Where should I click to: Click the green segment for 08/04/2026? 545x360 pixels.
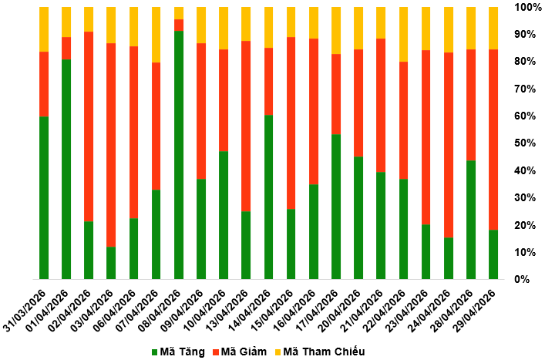point(179,154)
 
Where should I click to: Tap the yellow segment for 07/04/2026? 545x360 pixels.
point(156,35)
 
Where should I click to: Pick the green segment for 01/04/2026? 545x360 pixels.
point(66,169)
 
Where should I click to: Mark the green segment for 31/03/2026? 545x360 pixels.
point(44,197)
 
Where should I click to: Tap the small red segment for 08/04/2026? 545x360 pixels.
point(179,25)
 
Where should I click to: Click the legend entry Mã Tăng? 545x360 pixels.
point(179,352)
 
